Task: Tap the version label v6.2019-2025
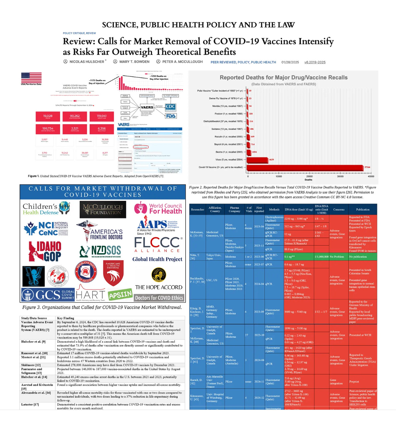(x=315, y=62)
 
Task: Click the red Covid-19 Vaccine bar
(x=305, y=167)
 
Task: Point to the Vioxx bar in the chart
(x=257, y=159)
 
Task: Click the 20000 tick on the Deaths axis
(x=309, y=176)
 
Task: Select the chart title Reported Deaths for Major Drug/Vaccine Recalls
(x=283, y=77)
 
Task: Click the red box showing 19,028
(x=48, y=116)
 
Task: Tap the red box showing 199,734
(x=48, y=129)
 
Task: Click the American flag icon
(x=31, y=77)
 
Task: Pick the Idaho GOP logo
(x=45, y=251)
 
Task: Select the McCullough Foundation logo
(x=103, y=209)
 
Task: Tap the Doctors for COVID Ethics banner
(x=159, y=298)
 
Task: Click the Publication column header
(x=363, y=209)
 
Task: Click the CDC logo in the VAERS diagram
(x=170, y=107)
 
